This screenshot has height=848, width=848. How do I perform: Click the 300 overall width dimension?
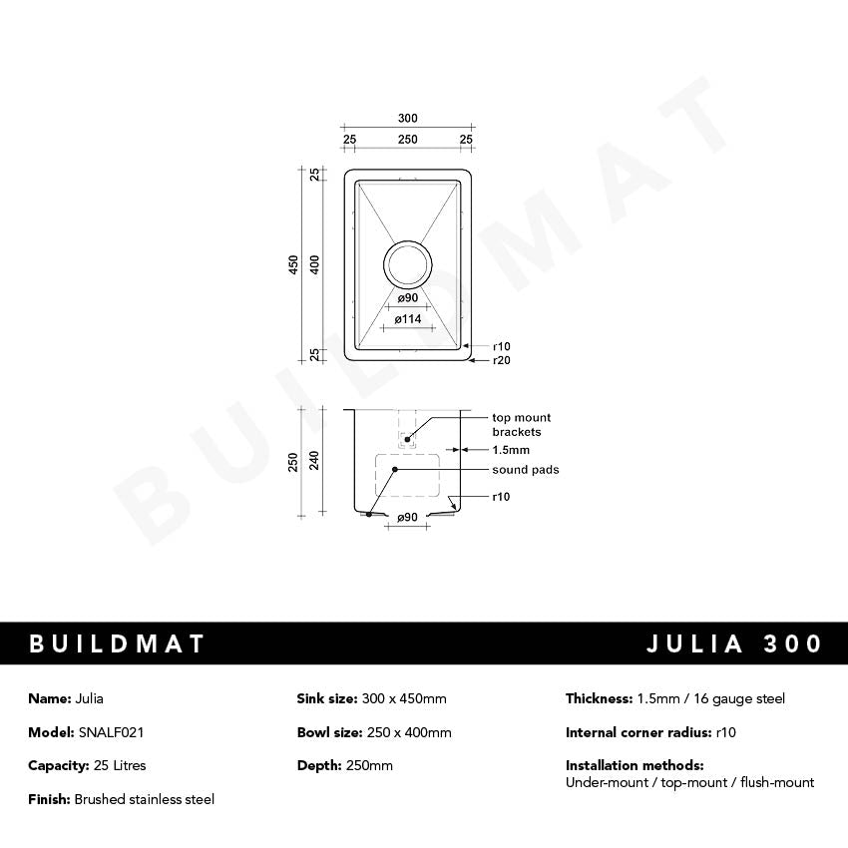[x=407, y=119]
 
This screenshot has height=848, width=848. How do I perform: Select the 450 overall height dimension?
[x=294, y=264]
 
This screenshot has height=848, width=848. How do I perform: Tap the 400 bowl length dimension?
[x=315, y=264]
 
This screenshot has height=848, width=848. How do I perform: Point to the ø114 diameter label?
[x=407, y=319]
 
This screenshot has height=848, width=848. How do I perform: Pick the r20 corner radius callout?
[x=501, y=360]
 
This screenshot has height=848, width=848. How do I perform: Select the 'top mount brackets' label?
[x=521, y=425]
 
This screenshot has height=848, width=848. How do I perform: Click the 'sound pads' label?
[x=525, y=470]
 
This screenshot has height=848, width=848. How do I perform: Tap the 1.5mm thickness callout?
[x=511, y=450]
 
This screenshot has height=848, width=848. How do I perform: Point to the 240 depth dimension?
[x=315, y=460]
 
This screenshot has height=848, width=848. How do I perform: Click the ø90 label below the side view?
[x=407, y=518]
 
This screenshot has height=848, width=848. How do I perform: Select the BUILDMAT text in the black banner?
[x=117, y=643]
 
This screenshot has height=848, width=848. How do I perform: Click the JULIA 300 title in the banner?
[x=734, y=643]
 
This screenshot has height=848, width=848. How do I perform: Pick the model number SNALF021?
[x=112, y=732]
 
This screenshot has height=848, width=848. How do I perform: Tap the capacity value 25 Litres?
[x=112, y=765]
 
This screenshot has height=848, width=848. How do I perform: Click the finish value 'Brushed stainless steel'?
[x=144, y=799]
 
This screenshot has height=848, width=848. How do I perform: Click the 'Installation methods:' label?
[x=635, y=765]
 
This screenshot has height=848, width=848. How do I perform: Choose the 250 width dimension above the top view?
[x=407, y=140]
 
